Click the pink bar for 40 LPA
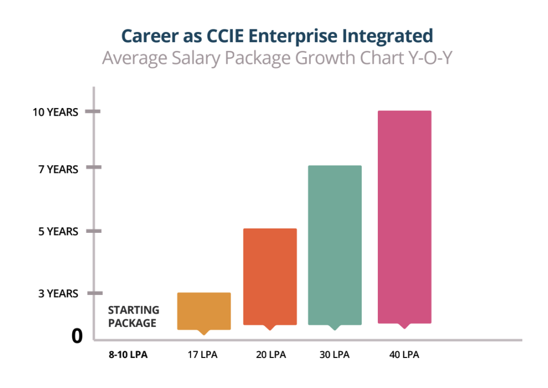(x=405, y=217)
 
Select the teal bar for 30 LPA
(x=335, y=245)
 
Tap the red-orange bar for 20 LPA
(x=270, y=276)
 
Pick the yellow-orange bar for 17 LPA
(x=203, y=310)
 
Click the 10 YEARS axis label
(x=55, y=112)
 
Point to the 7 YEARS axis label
(x=58, y=170)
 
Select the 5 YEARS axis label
(x=58, y=232)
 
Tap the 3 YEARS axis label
(x=58, y=294)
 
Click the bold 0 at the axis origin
(x=78, y=336)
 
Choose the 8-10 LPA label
(x=127, y=355)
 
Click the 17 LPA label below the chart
(x=203, y=355)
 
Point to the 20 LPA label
(x=270, y=355)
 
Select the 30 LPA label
(x=335, y=355)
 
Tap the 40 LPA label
(x=404, y=355)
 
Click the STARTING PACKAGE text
(x=133, y=316)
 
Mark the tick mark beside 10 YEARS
(x=94, y=111)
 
